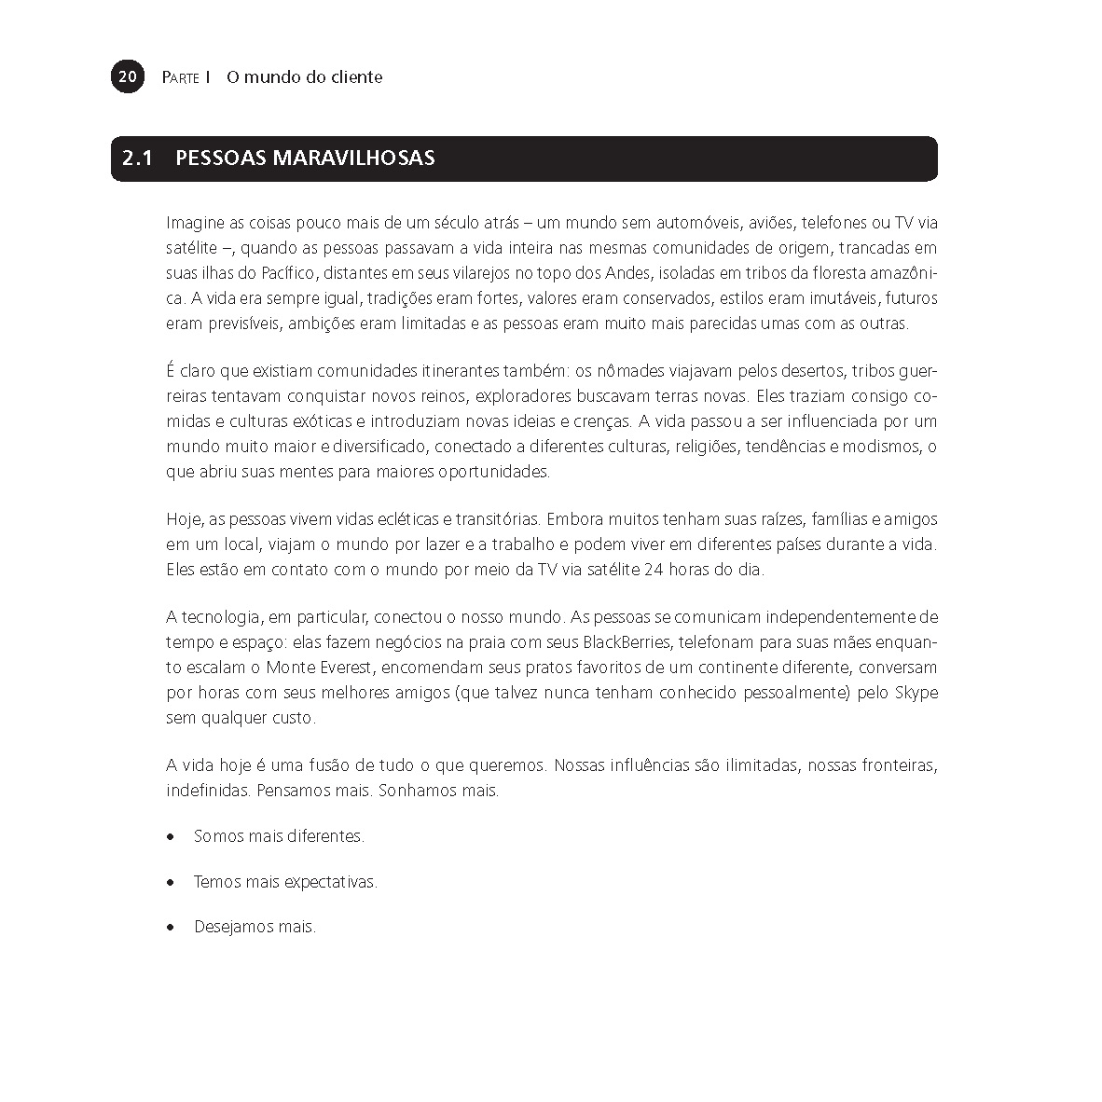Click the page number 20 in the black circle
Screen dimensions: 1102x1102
128,76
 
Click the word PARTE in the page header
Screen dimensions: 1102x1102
180,77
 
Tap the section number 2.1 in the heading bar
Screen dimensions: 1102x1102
136,158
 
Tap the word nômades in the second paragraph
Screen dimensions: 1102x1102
627,372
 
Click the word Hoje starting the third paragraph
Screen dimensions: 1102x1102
182,519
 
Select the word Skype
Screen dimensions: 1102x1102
916,693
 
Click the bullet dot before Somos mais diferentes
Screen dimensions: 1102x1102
170,837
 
